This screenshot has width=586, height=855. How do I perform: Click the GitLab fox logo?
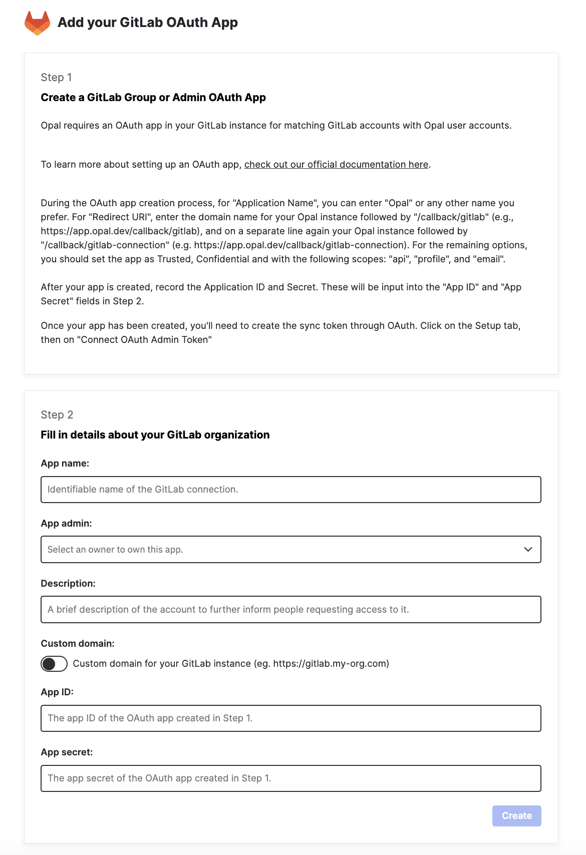click(37, 23)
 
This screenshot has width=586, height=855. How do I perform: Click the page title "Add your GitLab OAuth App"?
click(147, 23)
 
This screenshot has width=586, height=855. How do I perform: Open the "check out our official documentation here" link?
click(336, 164)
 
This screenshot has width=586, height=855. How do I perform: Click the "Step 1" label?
click(56, 77)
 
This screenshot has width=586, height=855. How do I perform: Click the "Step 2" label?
click(57, 414)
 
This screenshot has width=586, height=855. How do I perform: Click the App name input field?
click(290, 490)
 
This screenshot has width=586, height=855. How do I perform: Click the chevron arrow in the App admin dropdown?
click(528, 550)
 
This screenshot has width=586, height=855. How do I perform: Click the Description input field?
click(290, 609)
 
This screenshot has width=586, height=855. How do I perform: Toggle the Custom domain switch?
click(54, 664)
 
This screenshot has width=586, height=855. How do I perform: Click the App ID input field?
click(290, 718)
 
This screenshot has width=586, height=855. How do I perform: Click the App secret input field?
click(290, 778)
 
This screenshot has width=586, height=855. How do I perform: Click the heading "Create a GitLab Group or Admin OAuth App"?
click(153, 97)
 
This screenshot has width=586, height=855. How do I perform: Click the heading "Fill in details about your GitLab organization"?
click(155, 435)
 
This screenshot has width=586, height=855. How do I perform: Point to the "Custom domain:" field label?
click(78, 643)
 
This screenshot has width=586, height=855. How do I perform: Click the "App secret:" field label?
click(67, 752)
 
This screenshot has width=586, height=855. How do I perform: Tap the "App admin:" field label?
click(66, 523)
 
